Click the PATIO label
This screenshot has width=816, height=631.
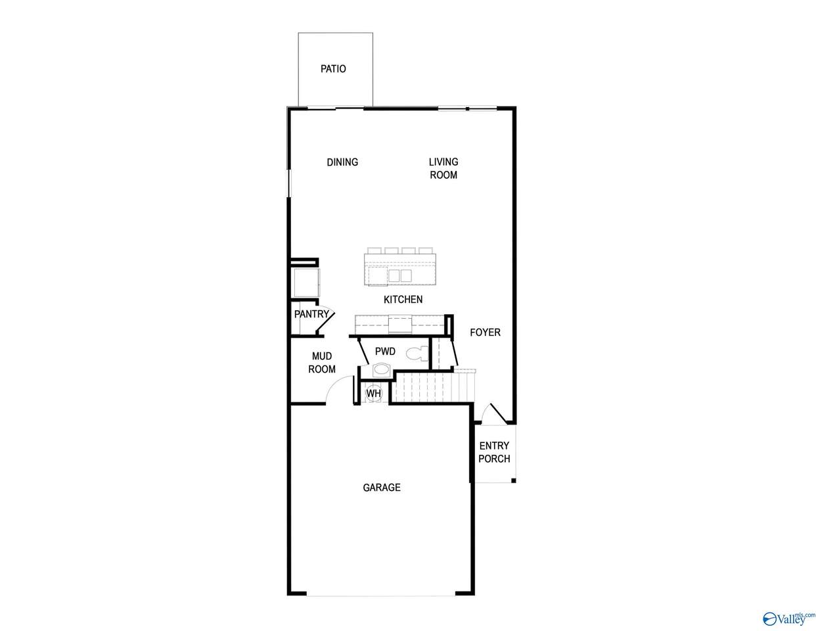333,69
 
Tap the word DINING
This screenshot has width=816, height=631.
342,162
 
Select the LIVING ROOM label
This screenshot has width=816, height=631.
443,168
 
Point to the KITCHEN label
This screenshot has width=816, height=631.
403,299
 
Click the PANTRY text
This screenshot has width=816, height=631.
311,314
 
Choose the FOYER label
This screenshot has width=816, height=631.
485,333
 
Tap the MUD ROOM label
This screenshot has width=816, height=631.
322,362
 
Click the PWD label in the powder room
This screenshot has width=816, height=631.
385,352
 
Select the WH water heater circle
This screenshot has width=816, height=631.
374,394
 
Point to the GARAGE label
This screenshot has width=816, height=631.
382,488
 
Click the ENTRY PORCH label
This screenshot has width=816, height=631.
494,452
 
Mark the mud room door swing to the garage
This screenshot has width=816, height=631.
340,390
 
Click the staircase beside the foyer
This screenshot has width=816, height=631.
433,387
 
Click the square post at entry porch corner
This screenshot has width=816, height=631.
513,480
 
